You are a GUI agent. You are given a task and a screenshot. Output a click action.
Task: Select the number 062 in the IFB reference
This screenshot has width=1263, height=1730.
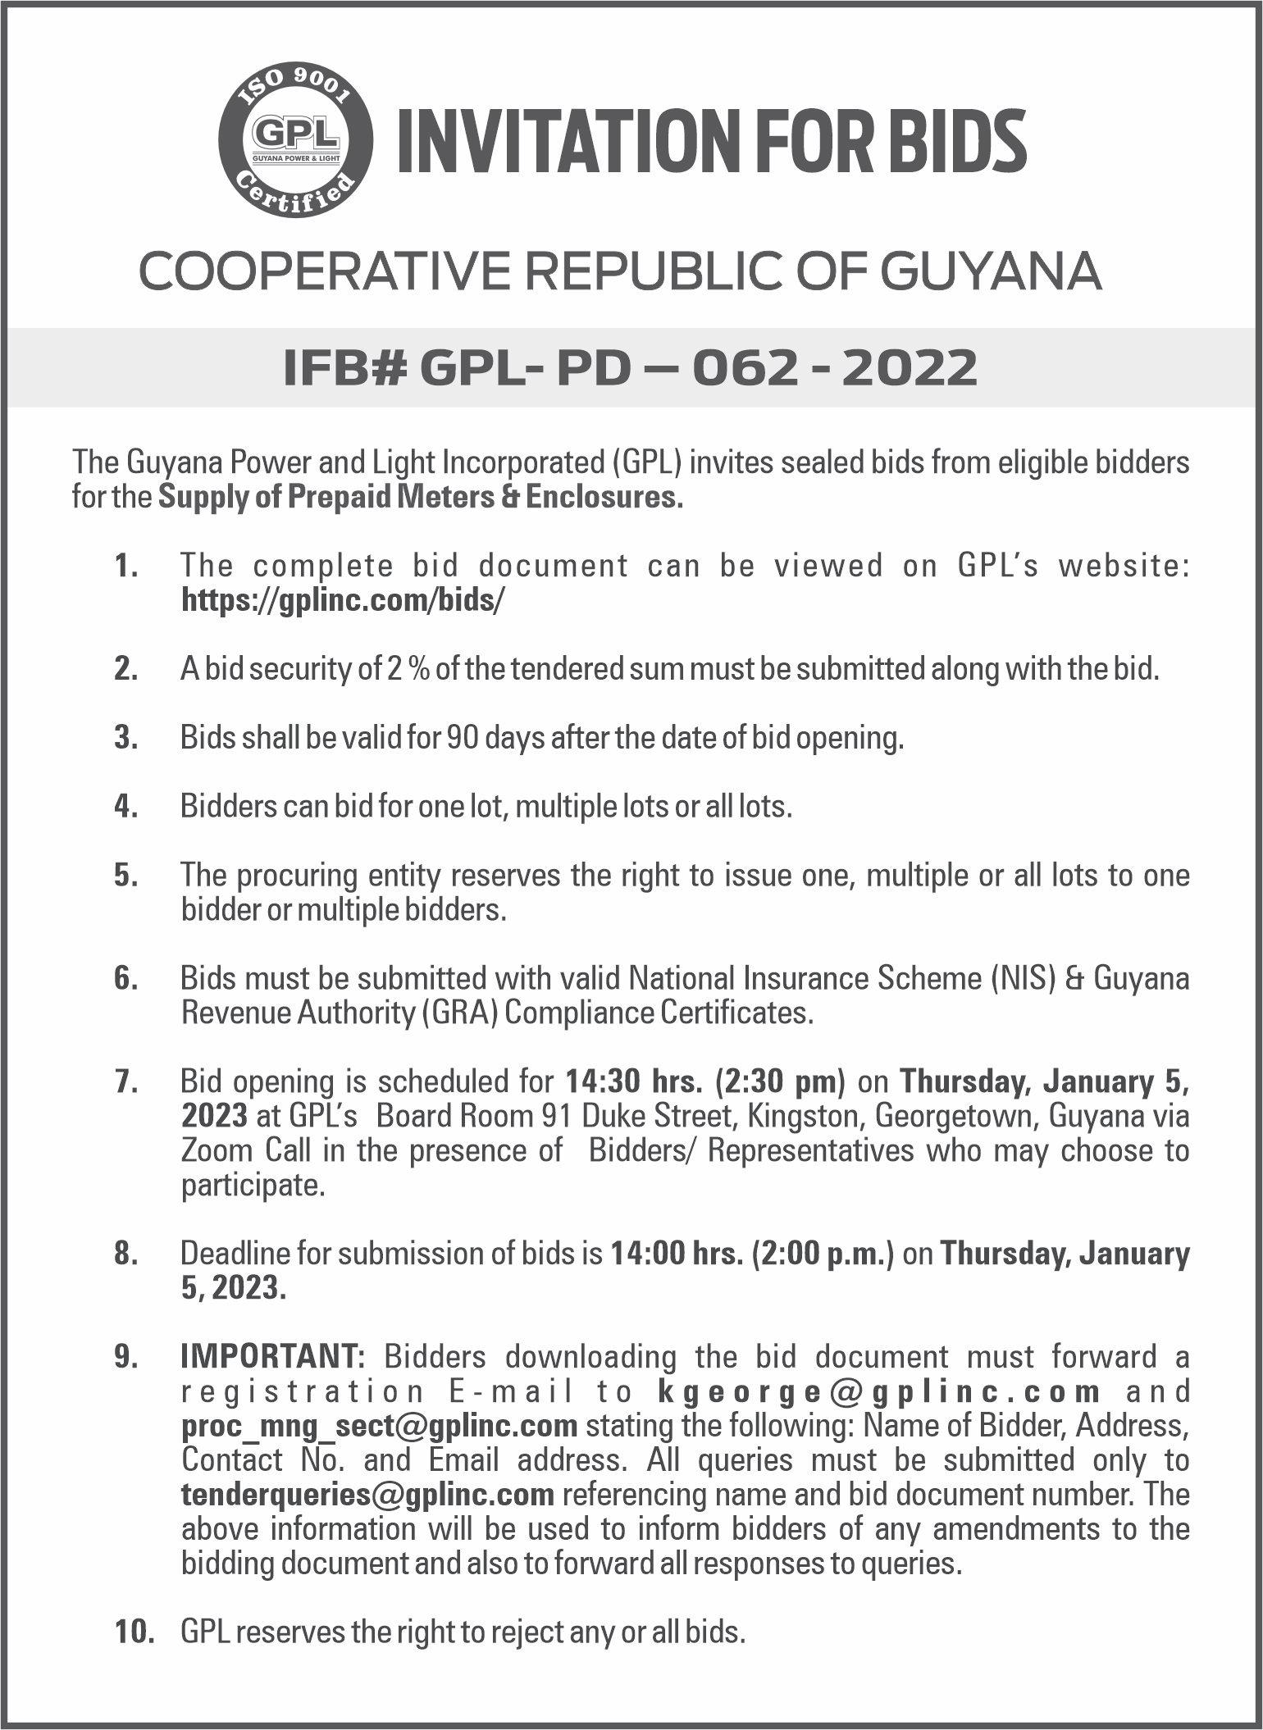[744, 367]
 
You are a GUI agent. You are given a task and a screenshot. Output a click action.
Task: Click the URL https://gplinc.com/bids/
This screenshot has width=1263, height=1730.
[343, 601]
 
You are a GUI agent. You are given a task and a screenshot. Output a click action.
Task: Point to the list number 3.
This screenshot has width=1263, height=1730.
[125, 739]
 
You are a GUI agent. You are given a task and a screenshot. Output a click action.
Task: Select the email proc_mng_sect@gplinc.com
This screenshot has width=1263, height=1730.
[380, 1426]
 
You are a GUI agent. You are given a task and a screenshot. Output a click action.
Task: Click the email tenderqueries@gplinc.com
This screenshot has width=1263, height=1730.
[367, 1495]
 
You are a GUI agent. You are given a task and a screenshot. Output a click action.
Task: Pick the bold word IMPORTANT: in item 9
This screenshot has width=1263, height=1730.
[273, 1357]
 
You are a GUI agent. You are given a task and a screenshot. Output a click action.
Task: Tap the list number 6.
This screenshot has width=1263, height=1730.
[125, 979]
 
